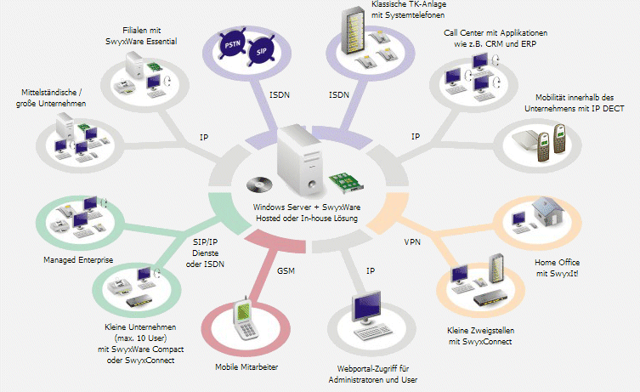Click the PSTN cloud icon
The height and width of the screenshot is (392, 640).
coord(232,44)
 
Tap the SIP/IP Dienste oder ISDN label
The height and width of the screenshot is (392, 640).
coord(205,253)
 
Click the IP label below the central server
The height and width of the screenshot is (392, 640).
coord(371,270)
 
